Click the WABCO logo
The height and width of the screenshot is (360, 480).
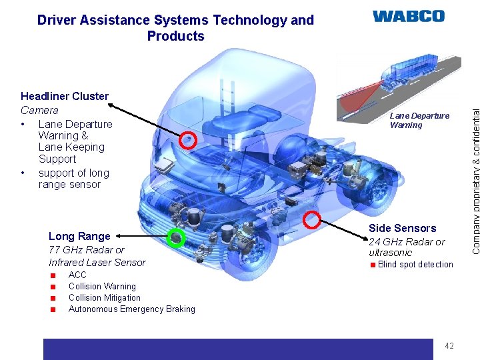click(408, 16)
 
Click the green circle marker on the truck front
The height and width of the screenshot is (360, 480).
click(176, 237)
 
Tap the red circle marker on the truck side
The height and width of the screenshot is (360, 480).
click(312, 201)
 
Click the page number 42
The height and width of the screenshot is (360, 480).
click(449, 345)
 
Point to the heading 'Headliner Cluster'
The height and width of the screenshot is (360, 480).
click(65, 97)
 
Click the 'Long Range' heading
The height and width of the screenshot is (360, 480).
click(79, 236)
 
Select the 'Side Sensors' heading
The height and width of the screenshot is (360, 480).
click(403, 228)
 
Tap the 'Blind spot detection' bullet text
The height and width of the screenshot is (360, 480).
click(415, 265)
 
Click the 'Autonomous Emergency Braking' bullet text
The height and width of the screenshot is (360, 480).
click(132, 309)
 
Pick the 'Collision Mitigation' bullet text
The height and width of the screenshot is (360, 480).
click(105, 298)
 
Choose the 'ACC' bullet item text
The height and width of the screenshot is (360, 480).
click(77, 275)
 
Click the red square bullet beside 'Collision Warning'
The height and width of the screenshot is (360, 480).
click(52, 287)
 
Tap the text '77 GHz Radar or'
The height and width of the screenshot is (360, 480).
click(87, 250)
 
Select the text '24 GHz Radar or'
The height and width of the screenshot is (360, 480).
click(407, 241)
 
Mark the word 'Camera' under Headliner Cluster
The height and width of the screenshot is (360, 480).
click(39, 110)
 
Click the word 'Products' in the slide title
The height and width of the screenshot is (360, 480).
click(175, 36)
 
